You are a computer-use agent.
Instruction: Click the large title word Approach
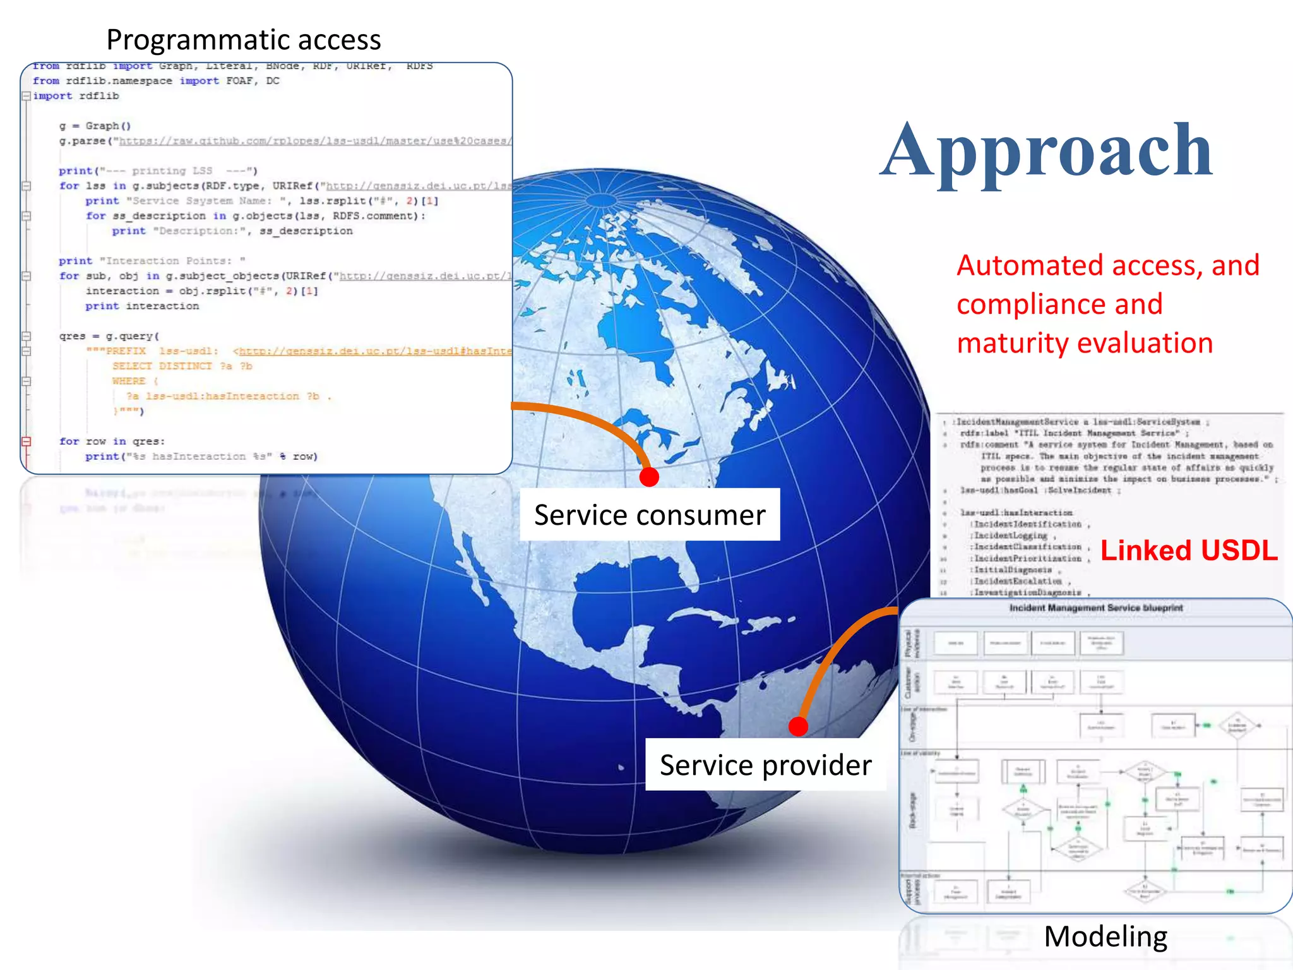pyautogui.click(x=1047, y=152)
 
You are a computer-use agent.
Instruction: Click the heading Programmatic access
pyautogui.click(x=243, y=40)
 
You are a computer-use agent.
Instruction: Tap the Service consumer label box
pyautogui.click(x=649, y=515)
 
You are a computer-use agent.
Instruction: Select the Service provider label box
pyautogui.click(x=765, y=765)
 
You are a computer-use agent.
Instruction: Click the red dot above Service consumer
pyautogui.click(x=649, y=477)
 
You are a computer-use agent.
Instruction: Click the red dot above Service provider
pyautogui.click(x=798, y=726)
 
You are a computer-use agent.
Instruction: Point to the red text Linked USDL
pyautogui.click(x=1189, y=550)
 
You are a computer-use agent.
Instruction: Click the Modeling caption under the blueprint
pyautogui.click(x=1105, y=936)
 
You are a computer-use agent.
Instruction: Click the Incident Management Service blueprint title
pyautogui.click(x=1095, y=608)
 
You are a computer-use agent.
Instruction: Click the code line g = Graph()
pyautogui.click(x=95, y=126)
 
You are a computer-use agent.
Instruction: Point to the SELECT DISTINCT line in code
pyautogui.click(x=182, y=366)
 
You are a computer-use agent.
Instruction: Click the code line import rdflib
pyautogui.click(x=76, y=96)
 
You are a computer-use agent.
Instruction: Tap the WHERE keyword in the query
pyautogui.click(x=129, y=381)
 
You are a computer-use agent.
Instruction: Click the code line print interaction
pyautogui.click(x=142, y=306)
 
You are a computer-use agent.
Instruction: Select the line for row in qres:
pyautogui.click(x=112, y=441)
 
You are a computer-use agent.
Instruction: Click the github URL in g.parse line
pyautogui.click(x=314, y=141)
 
